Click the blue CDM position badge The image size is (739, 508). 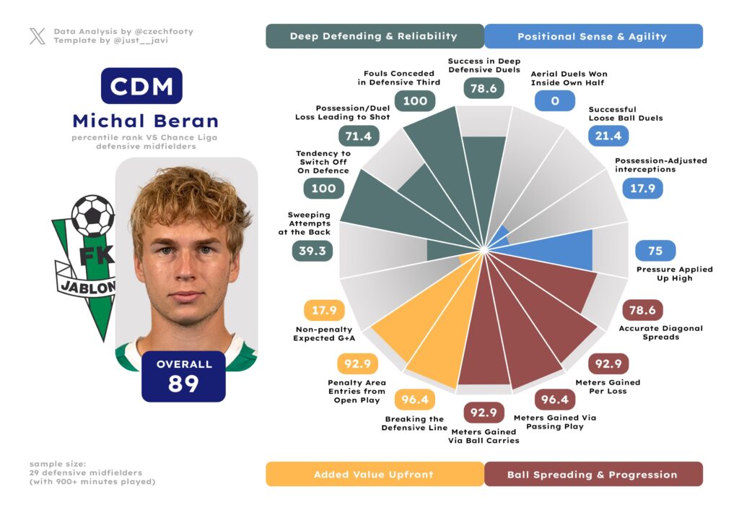141,86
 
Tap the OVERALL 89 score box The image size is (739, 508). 183,376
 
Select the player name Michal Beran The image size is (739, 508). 145,120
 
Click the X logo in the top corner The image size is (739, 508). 38,36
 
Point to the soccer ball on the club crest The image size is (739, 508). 92,215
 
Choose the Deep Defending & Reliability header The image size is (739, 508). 374,36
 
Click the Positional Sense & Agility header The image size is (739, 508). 593,36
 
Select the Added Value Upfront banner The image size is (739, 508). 374,474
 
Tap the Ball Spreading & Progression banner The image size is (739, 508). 592,474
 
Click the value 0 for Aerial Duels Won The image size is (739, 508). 554,100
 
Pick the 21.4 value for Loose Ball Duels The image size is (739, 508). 608,135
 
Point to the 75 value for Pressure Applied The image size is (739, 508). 655,251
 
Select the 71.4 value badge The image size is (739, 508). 359,136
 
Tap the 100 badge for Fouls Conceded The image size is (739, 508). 415,100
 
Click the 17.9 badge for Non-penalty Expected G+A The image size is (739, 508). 324,311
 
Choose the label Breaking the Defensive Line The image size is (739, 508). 414,423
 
